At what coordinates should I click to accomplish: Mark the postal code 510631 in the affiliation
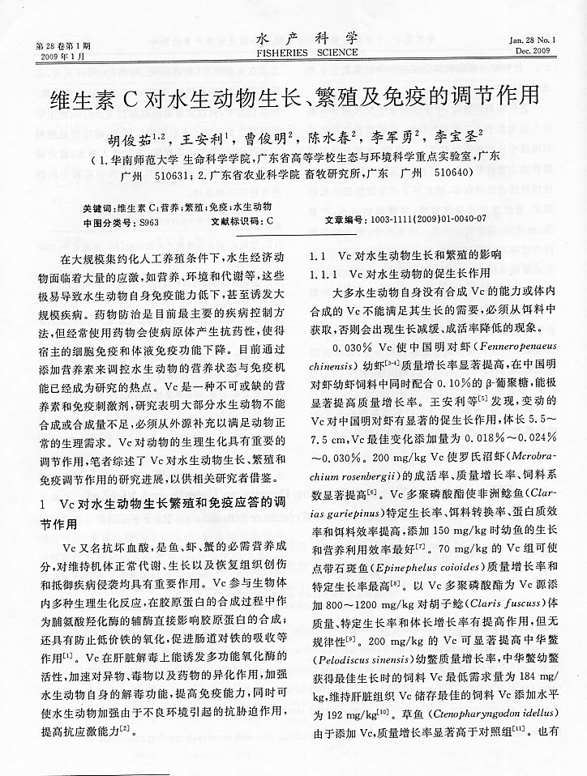[168, 173]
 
